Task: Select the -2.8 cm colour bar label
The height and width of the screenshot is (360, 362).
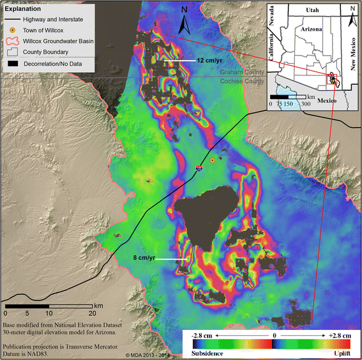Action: [x=203, y=334]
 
